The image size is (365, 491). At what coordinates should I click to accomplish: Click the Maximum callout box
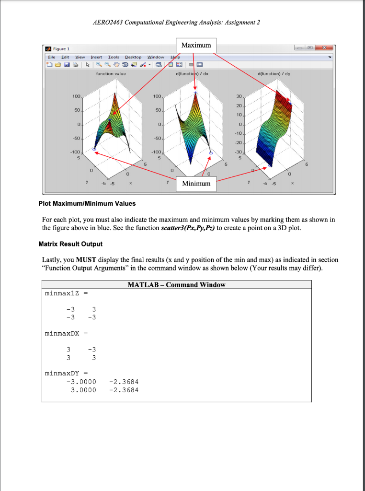[196, 45]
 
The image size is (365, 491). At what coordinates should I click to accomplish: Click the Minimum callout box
[196, 184]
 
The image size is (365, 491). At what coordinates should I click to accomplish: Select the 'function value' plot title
[111, 73]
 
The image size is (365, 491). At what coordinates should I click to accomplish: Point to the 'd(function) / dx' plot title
[192, 73]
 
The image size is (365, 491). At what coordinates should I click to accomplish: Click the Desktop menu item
[133, 57]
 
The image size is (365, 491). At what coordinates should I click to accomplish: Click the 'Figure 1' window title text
[61, 49]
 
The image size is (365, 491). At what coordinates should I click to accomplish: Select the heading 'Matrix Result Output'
[70, 244]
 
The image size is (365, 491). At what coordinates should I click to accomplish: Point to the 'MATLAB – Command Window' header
[176, 285]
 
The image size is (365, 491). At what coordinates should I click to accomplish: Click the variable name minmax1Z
[63, 292]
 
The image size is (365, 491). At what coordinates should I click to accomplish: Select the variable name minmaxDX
[63, 333]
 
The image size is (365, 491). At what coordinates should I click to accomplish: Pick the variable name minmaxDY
[63, 373]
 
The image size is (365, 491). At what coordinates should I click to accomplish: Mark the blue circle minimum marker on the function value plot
[94, 150]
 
